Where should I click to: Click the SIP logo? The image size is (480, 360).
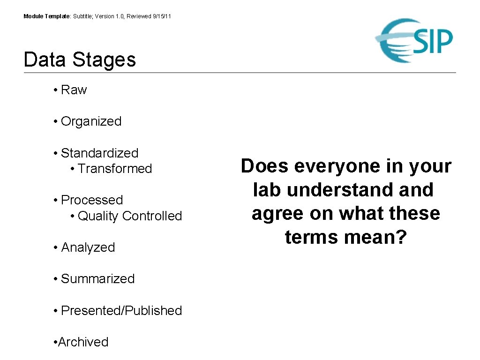tap(414, 41)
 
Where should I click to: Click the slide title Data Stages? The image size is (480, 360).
tap(80, 60)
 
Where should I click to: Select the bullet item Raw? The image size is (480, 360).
tap(74, 90)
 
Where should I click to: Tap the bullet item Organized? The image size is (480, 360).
tap(91, 121)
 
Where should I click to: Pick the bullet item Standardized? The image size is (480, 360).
tap(99, 153)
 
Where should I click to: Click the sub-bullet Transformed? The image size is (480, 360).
tap(115, 169)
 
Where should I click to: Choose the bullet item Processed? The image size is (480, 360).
tap(92, 200)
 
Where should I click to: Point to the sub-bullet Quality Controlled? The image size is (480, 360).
tap(129, 216)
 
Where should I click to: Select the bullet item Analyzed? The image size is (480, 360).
tap(88, 247)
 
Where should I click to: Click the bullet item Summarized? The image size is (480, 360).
tap(97, 279)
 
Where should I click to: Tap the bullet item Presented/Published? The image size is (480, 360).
tap(121, 311)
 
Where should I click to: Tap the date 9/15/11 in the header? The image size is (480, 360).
tap(162, 16)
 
